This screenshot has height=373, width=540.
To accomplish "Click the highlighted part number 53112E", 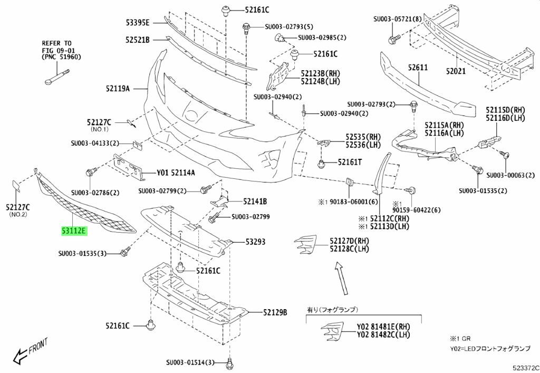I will tap(74, 231).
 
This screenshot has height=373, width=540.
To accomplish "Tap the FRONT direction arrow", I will tap(28, 351).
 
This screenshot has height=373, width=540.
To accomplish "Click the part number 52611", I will tap(418, 68).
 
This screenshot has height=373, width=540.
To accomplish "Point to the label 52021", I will tap(456, 70).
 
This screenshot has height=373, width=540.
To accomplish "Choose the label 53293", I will tap(255, 242).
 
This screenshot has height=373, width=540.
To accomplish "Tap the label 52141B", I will tap(255, 201).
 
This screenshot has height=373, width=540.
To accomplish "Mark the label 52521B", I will tap(138, 40).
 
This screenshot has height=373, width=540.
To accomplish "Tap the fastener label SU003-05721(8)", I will tap(398, 20).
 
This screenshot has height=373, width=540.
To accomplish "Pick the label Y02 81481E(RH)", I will tap(383, 326).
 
